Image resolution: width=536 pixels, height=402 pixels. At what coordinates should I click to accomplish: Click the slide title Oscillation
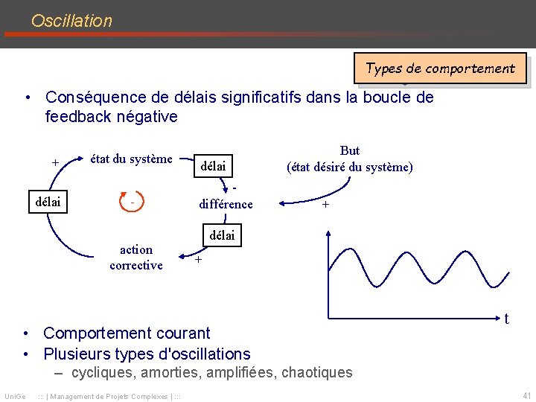pos(71,21)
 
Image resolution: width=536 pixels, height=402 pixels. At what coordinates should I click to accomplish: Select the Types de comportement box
pos(440,68)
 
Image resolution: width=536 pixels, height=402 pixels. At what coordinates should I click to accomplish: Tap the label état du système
pos(131,159)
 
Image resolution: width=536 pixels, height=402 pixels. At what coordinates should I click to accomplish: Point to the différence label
pos(226,204)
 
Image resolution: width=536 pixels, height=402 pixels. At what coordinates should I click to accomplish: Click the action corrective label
pos(135,258)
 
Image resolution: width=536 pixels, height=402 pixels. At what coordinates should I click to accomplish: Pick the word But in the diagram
pos(349,150)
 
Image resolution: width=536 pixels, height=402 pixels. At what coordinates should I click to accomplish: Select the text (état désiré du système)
pos(350,167)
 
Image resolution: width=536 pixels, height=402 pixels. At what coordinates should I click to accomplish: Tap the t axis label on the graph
pos(507,319)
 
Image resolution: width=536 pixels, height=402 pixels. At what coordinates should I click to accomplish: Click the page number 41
pos(527,395)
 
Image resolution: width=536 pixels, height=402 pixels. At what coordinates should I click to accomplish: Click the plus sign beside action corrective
pos(198,260)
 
